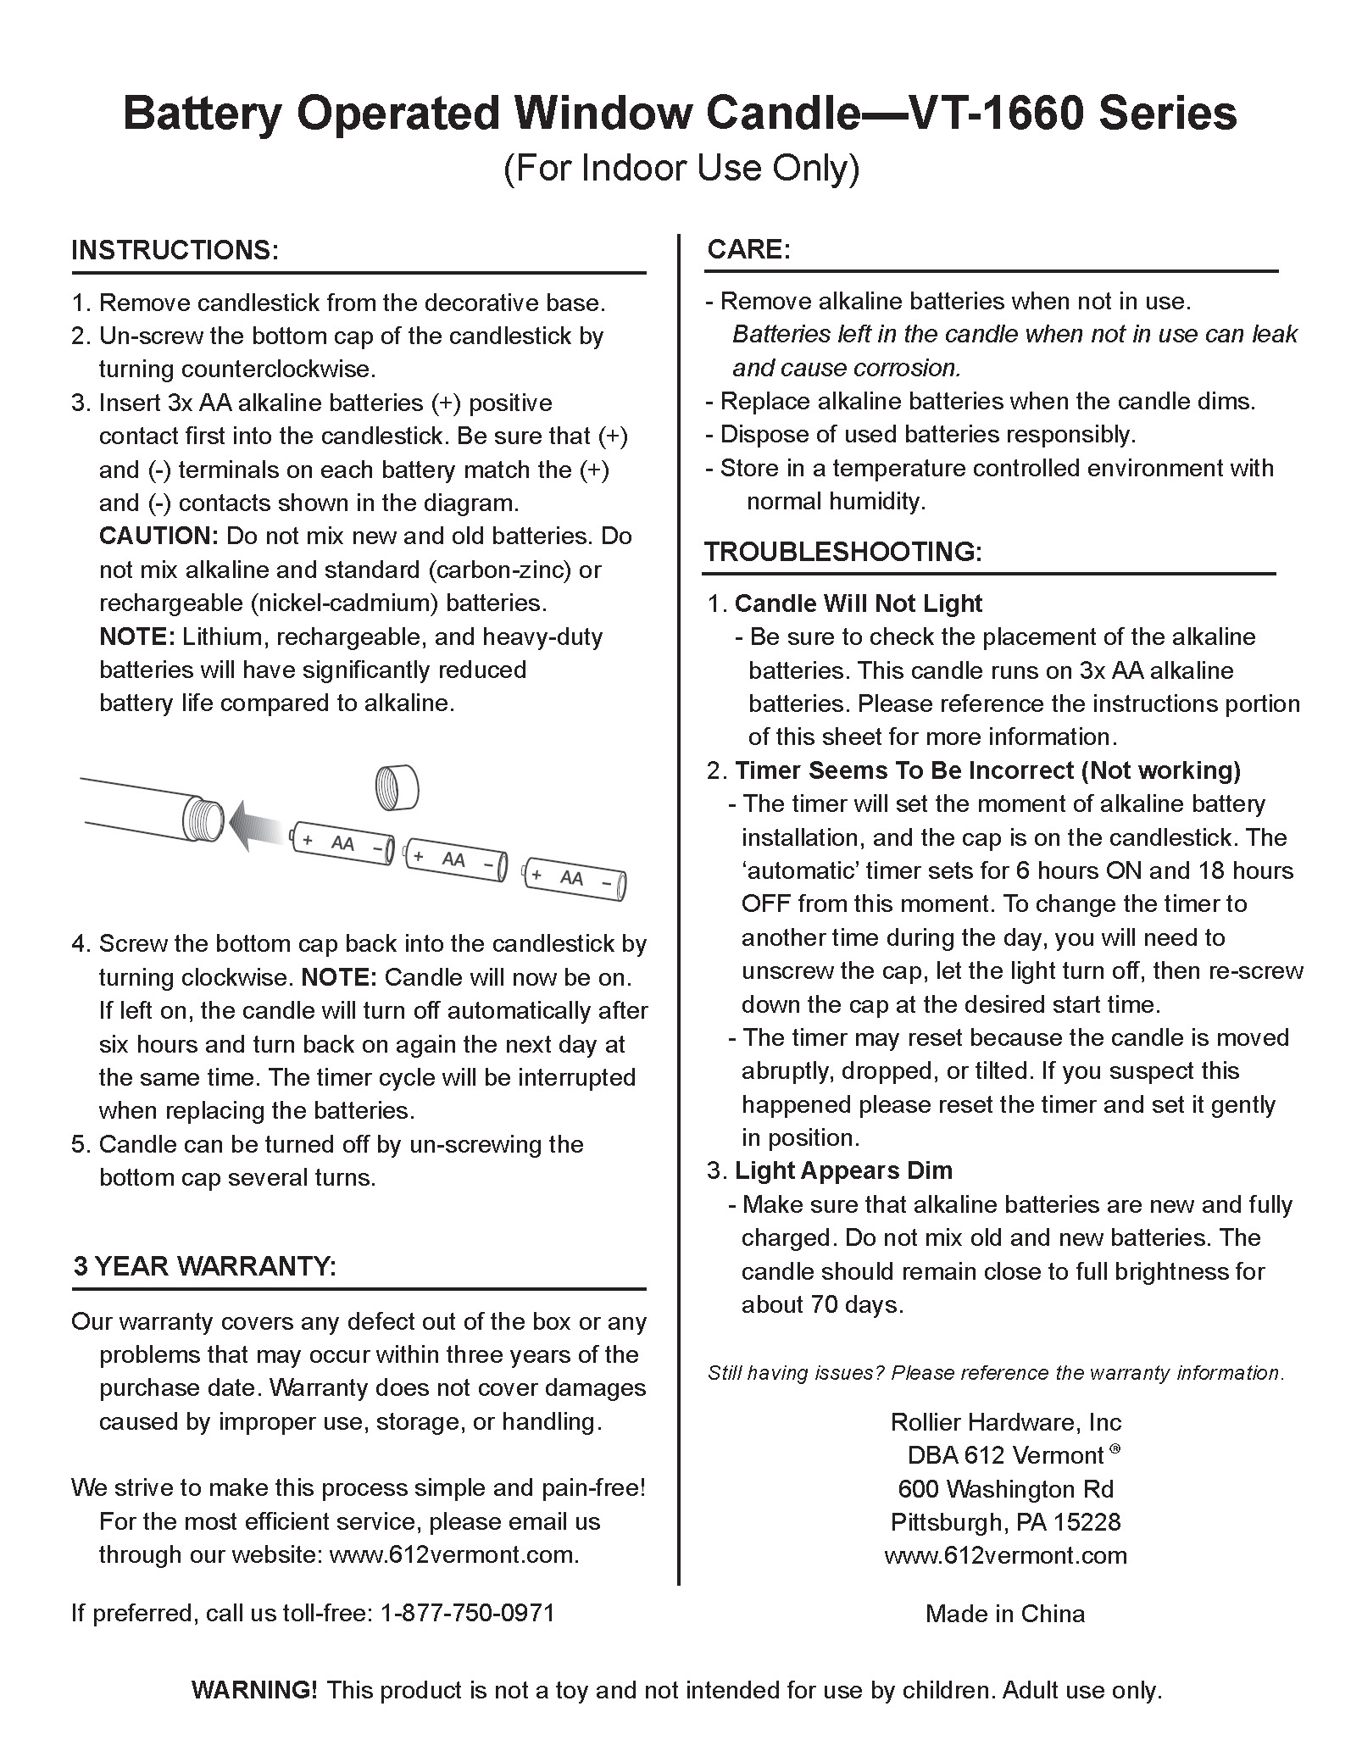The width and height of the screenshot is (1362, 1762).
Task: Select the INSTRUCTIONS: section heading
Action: point(175,250)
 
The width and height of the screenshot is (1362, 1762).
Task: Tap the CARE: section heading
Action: point(748,249)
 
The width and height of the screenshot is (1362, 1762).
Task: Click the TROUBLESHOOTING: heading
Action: point(842,552)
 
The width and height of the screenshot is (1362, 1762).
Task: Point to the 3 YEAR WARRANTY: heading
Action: point(204,1266)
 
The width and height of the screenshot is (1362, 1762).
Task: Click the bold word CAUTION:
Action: point(159,536)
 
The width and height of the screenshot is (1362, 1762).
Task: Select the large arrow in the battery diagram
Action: point(258,825)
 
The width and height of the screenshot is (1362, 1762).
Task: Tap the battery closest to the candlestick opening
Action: point(342,843)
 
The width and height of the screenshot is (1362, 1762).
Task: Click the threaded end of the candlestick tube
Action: point(202,820)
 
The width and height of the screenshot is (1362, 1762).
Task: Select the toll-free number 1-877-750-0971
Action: point(468,1612)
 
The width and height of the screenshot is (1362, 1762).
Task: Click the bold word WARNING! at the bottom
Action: point(254,1690)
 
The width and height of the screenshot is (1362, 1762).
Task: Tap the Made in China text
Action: point(1004,1613)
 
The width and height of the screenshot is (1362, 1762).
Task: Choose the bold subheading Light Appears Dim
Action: point(843,1170)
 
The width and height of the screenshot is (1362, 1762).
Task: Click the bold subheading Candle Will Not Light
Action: point(858,603)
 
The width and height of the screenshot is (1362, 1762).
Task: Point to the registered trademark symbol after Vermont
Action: point(1115,1449)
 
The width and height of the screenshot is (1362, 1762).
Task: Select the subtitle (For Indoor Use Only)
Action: point(681,168)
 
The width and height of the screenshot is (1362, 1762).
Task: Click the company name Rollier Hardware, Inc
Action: point(1006,1422)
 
